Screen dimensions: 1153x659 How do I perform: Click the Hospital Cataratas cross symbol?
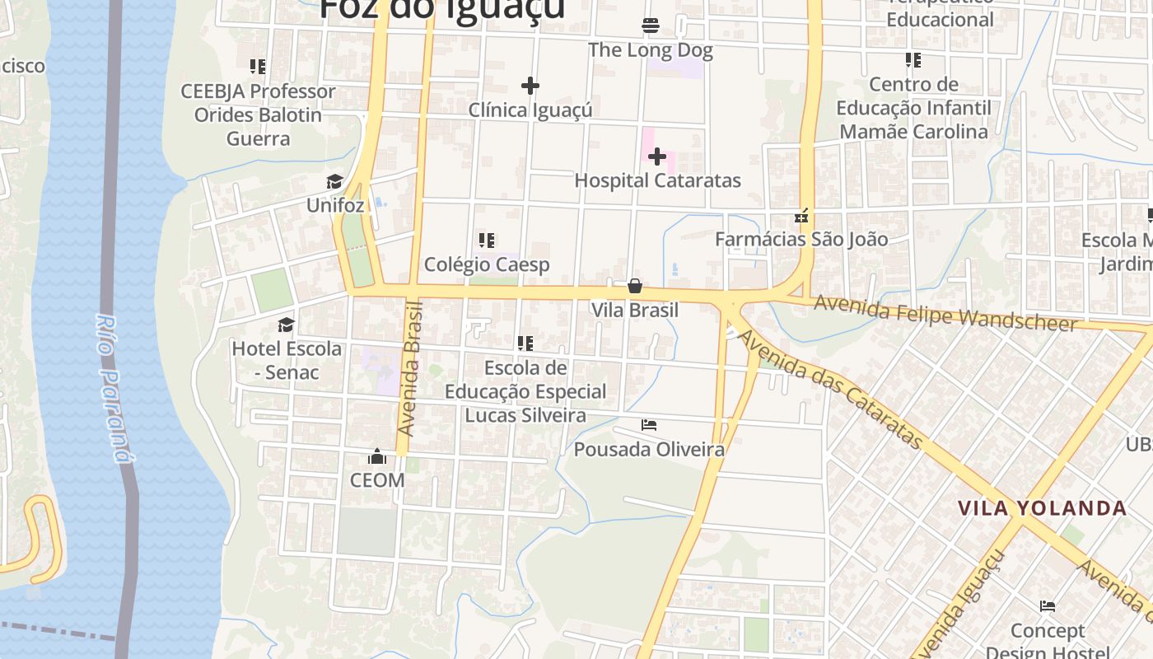657,156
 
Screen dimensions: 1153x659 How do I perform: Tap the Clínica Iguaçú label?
530,110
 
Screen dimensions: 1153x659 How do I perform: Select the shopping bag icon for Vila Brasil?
635,286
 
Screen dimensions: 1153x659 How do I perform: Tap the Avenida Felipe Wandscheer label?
945,314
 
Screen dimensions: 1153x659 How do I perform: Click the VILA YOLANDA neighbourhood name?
1042,508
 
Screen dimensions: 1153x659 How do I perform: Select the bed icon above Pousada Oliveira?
649,425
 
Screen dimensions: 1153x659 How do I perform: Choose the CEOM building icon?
377,456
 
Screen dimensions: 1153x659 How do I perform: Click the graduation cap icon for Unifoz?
334,181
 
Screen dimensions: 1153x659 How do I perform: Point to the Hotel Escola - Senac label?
287,360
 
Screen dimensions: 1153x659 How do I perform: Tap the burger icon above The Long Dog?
651,26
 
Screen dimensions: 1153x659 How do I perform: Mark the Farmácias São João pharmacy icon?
801,217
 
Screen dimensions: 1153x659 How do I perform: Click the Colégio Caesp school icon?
487,241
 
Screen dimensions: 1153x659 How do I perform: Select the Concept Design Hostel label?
1048,641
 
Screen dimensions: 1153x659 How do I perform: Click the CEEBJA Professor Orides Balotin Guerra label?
259,115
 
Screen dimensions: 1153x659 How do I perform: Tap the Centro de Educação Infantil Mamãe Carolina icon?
913,60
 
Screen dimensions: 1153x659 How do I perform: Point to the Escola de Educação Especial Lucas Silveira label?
525,391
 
